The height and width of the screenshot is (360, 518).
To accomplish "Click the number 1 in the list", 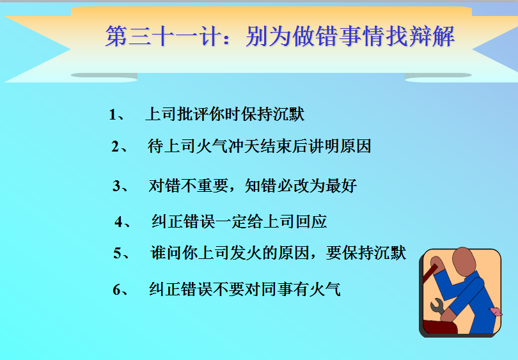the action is point(113,114).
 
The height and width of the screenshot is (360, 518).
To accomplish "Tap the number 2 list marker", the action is point(115,146).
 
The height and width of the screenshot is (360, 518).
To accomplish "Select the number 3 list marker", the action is point(116,185).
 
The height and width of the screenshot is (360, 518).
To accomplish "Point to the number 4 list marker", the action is point(118,221).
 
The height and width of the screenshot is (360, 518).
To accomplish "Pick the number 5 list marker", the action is point(117,253).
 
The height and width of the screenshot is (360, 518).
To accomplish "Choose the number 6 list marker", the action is point(117,290).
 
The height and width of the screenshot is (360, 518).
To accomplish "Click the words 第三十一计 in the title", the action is point(163,36).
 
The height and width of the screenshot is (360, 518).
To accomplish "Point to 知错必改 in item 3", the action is point(276,185).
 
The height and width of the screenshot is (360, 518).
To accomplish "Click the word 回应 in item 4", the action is point(311,221).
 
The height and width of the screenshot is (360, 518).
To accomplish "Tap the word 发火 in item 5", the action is point(246,253).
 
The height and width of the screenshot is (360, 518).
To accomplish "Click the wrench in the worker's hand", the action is point(437,306).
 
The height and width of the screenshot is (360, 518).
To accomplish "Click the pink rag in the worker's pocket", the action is point(496,311).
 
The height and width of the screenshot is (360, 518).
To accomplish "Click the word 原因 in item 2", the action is point(356,146).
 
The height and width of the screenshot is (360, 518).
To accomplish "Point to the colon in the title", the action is point(226,38).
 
